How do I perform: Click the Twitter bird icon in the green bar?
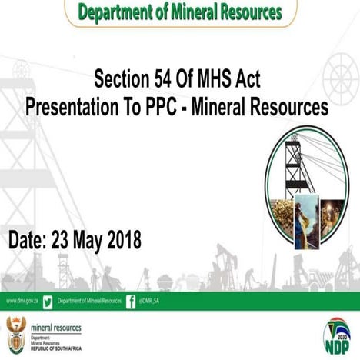48,301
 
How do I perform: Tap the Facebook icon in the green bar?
131,301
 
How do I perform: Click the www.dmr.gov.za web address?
22,301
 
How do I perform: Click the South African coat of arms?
15,332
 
